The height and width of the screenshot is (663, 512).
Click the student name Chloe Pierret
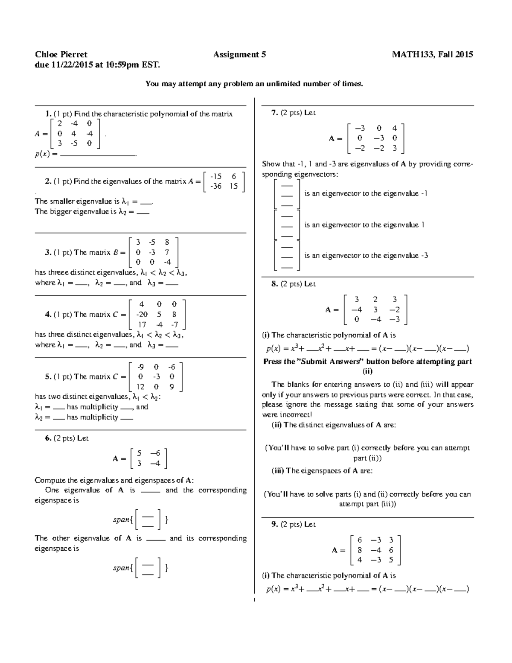point(61,55)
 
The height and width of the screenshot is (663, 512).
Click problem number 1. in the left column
point(48,114)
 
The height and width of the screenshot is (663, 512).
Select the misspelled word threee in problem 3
point(58,272)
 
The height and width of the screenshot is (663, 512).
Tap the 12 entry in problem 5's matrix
point(140,387)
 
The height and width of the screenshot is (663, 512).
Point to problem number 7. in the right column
point(274,113)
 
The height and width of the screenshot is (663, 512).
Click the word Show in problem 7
point(271,164)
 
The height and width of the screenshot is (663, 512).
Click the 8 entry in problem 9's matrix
point(360,550)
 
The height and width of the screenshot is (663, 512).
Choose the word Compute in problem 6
point(50,480)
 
